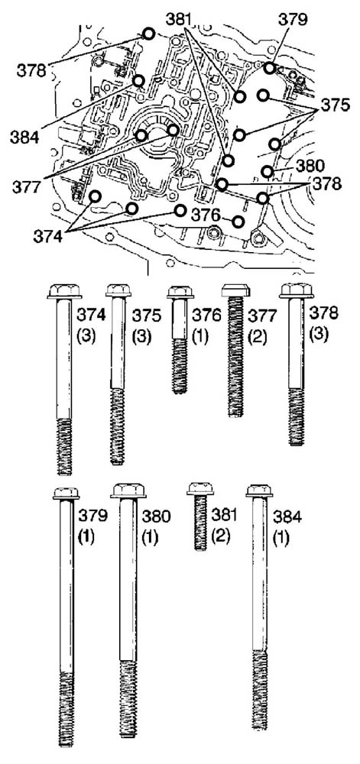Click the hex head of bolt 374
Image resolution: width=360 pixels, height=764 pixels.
[64, 291]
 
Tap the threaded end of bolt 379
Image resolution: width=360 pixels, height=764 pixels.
[66, 709]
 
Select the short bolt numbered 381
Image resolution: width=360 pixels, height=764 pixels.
[200, 516]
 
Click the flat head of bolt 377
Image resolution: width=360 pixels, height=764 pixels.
[235, 290]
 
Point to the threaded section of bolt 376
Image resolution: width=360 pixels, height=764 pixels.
[180, 366]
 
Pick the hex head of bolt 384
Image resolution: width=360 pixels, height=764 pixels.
[259, 490]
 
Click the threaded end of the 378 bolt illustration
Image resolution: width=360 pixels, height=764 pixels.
[297, 416]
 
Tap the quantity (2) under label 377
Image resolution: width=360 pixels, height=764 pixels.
[257, 337]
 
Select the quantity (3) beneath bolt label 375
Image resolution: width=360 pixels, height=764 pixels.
[141, 337]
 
